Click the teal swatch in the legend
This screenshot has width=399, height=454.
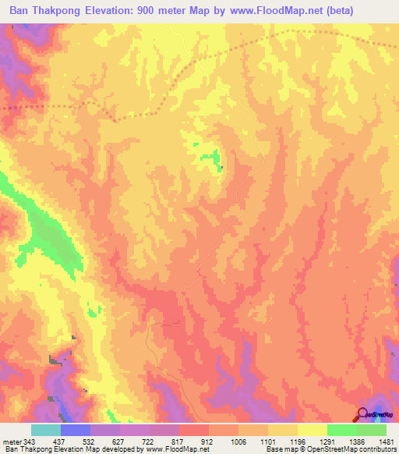click(x=46, y=430)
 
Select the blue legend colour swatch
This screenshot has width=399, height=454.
click(x=76, y=430)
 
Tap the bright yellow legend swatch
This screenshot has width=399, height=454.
click(x=312, y=430)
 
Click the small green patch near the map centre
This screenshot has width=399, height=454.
click(x=210, y=158)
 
